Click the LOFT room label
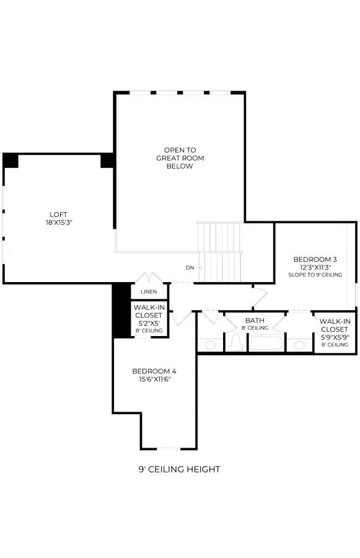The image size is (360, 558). click(x=58, y=215)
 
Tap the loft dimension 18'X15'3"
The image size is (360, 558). click(x=59, y=223)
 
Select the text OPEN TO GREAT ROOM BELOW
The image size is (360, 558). click(x=180, y=158)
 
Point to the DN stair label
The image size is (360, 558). click(x=190, y=268)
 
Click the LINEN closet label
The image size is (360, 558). click(x=149, y=292)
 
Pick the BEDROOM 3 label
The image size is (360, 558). click(x=315, y=259)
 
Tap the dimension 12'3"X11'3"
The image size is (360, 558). click(x=315, y=267)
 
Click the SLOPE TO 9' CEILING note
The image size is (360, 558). click(x=315, y=275)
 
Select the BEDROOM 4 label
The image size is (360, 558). click(x=154, y=371)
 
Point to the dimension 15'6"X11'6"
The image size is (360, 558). click(x=155, y=379)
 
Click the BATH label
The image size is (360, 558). click(x=255, y=321)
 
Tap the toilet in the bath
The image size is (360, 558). click(x=235, y=343)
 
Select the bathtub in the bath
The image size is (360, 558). click(x=266, y=343)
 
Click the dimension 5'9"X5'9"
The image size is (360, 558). click(x=335, y=337)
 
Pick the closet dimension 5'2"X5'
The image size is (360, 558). click(x=149, y=324)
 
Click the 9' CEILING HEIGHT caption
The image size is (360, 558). click(x=179, y=469)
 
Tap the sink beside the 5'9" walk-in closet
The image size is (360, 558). click(x=299, y=345)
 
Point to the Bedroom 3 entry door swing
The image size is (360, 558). click(x=260, y=296)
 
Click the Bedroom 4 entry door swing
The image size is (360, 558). click(x=182, y=318)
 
